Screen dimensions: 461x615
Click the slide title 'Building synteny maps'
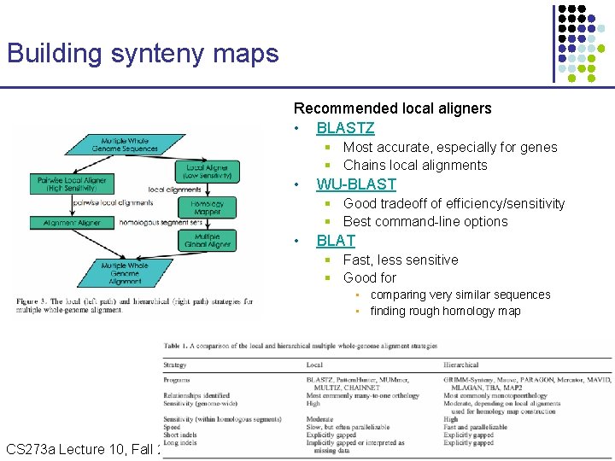tap(143, 54)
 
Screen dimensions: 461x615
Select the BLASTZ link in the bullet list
tap(345, 128)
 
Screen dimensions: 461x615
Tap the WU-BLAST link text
tap(356, 184)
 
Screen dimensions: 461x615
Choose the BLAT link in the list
tap(336, 241)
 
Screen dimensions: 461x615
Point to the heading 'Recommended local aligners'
tap(392, 108)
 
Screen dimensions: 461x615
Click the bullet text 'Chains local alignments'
tap(415, 166)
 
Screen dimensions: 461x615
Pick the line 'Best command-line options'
tap(425, 222)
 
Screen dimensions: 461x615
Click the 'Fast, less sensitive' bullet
tap(401, 260)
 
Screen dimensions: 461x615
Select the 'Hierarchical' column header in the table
tap(461, 365)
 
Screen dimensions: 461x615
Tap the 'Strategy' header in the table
tap(175, 365)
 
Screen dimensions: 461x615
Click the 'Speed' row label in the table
tap(173, 427)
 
